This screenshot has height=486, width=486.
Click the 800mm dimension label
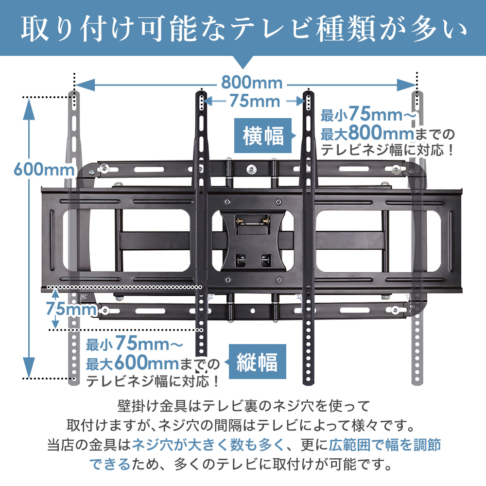[252, 83]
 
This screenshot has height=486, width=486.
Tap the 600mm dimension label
[44, 170]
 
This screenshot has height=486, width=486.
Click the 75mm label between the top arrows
[255, 102]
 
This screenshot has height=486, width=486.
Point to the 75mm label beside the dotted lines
[71, 309]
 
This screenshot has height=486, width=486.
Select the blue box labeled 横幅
[263, 136]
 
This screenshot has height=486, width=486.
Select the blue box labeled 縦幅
[257, 362]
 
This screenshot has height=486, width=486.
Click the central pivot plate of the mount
[253, 241]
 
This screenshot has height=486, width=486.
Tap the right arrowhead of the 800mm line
[407, 85]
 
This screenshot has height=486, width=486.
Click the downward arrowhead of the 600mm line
[29, 367]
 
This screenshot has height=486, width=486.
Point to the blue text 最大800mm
[367, 133]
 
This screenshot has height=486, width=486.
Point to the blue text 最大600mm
[132, 363]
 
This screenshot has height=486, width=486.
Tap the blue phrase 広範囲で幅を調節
[385, 445]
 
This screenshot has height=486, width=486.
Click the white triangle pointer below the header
[243, 62]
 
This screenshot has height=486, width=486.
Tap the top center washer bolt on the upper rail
[251, 169]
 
